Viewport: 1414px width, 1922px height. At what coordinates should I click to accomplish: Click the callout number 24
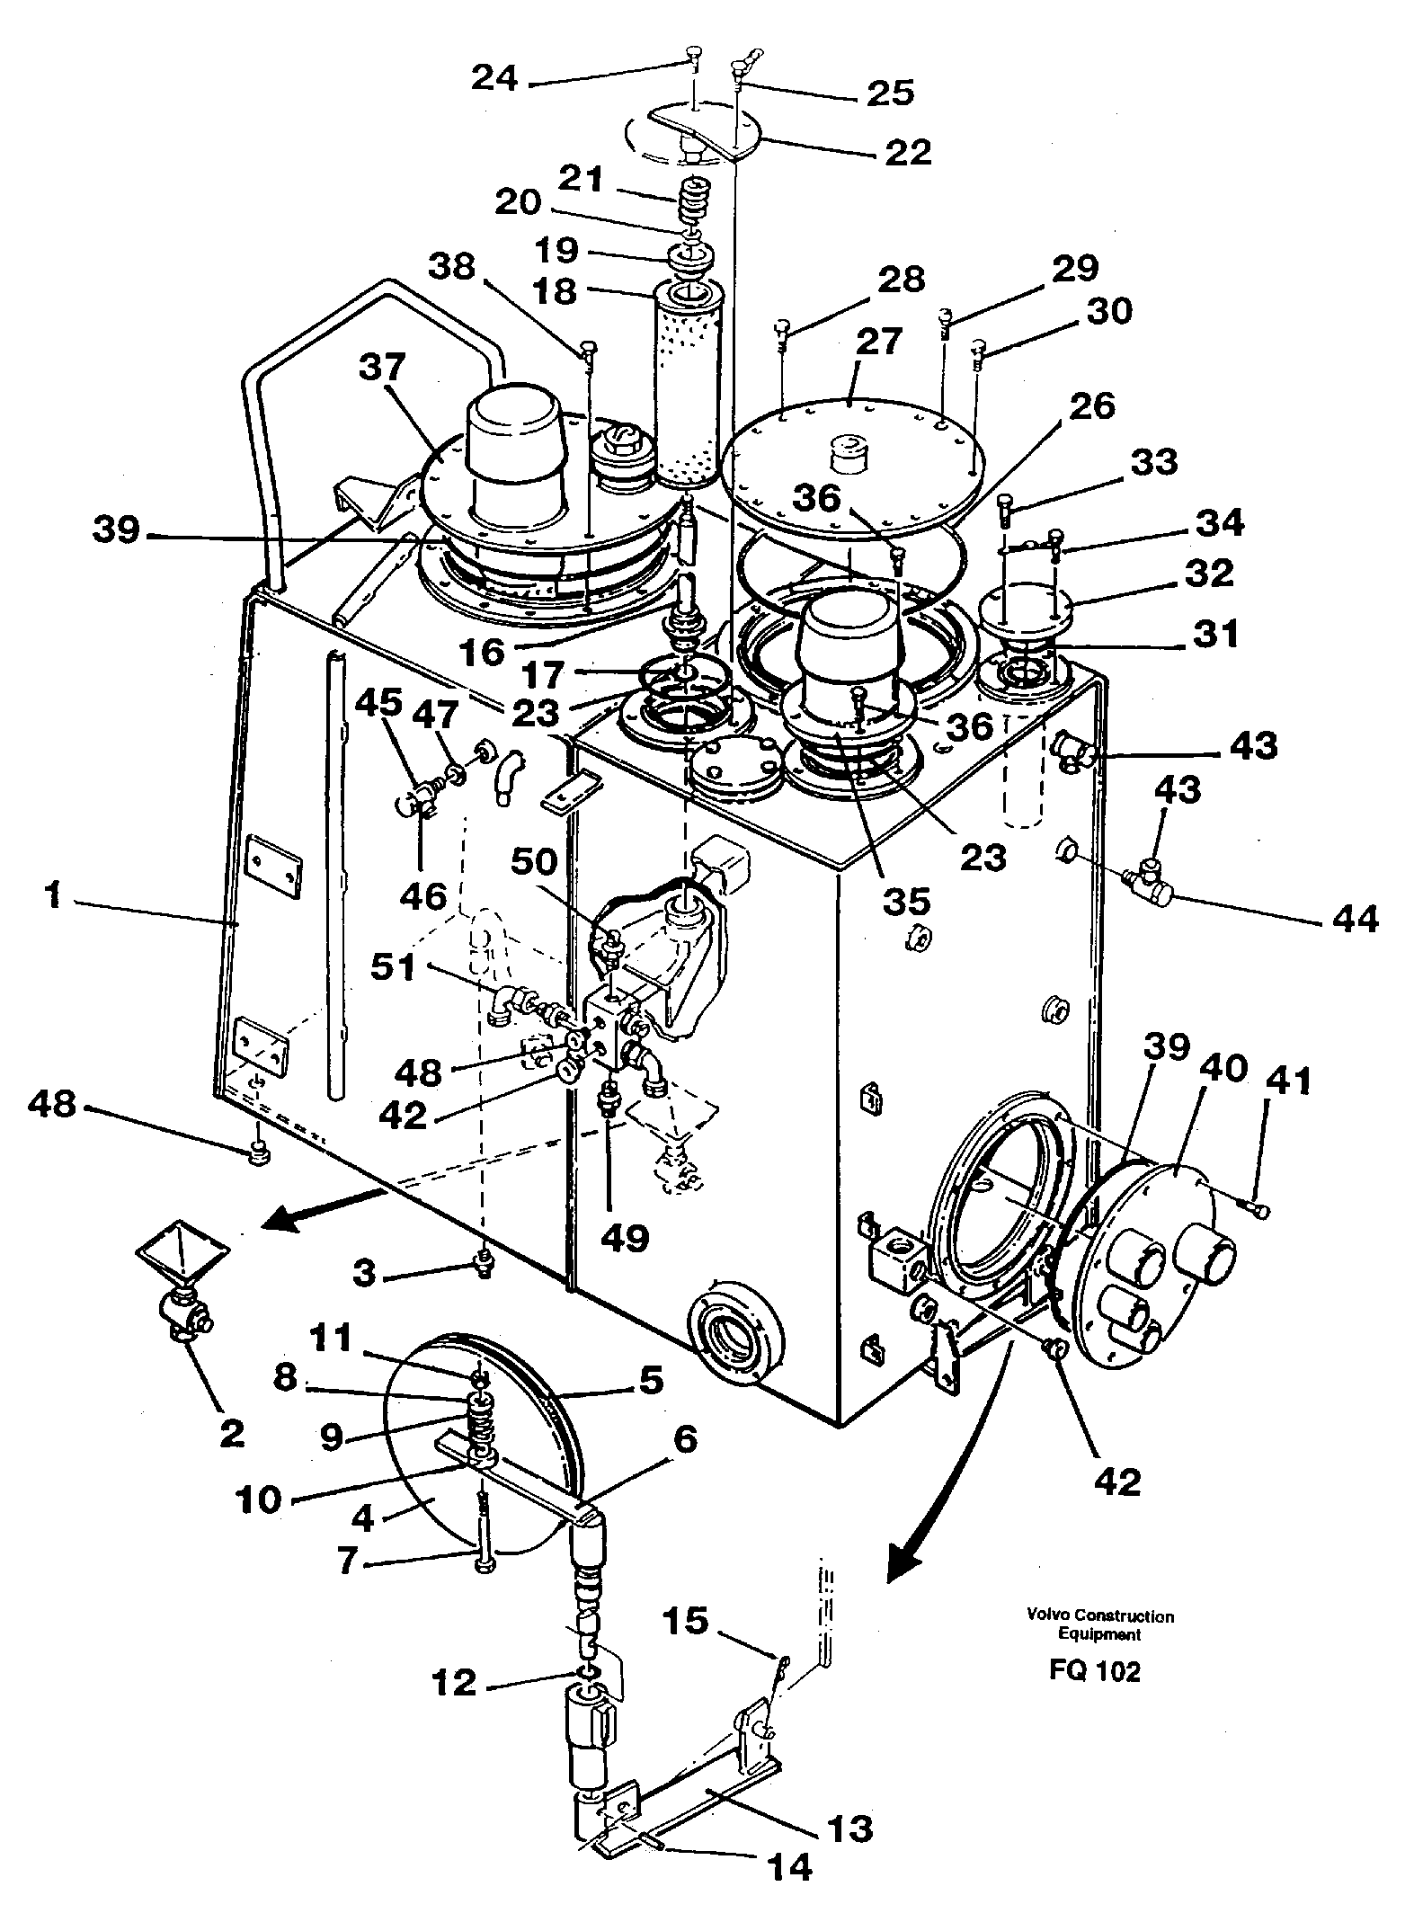click(x=495, y=78)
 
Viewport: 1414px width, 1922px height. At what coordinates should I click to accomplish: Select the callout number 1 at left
click(x=53, y=896)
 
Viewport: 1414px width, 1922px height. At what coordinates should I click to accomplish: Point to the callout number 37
click(x=382, y=369)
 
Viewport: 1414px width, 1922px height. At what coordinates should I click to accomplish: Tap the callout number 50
click(x=535, y=863)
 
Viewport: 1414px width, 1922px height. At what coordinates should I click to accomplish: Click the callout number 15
click(x=687, y=1621)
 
